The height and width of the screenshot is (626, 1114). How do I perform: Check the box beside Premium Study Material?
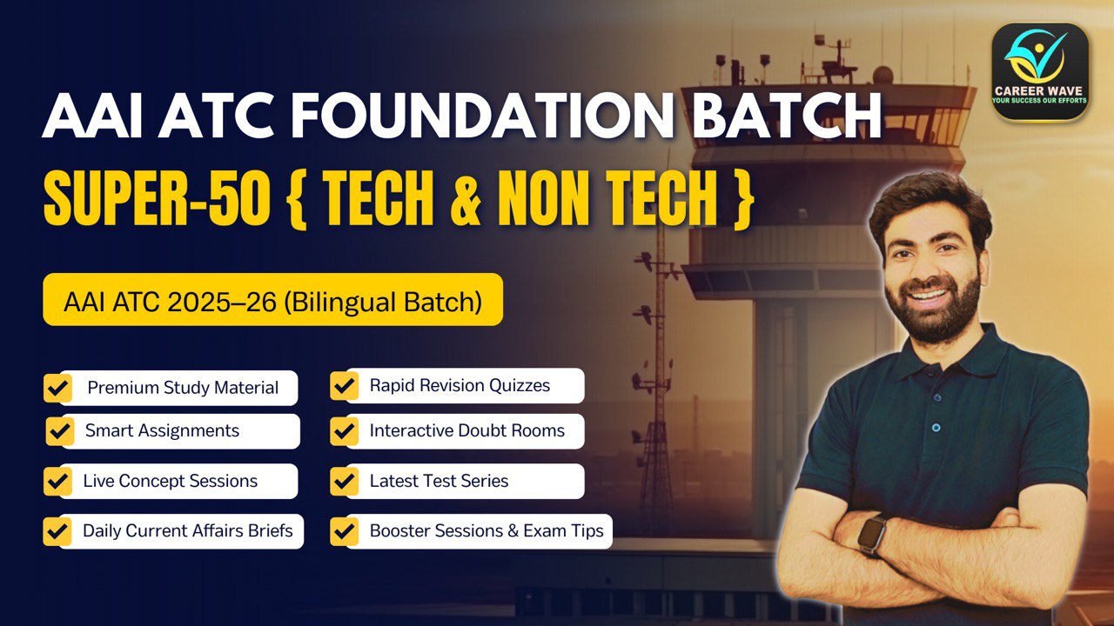[58, 388]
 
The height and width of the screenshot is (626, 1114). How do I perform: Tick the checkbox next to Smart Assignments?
[59, 430]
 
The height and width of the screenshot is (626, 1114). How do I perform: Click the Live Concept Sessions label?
[171, 482]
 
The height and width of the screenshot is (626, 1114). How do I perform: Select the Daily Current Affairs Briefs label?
[188, 531]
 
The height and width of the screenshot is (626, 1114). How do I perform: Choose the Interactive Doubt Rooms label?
[466, 431]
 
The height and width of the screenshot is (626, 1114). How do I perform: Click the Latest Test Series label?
[439, 482]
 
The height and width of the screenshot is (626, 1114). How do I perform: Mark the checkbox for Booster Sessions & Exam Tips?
[345, 531]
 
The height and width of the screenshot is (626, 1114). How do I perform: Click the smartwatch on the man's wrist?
[873, 534]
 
